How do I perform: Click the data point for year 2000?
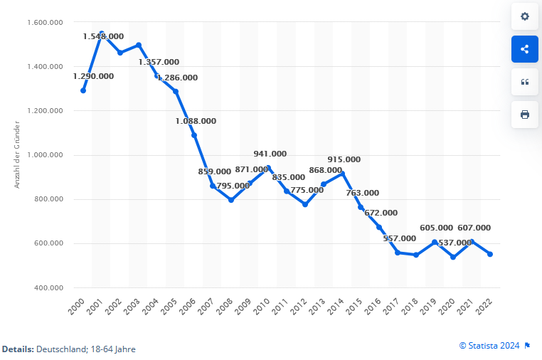click(83, 90)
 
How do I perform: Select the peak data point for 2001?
click(102, 33)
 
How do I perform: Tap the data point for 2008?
click(231, 200)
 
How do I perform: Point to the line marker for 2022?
click(490, 254)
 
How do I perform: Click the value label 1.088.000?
click(196, 121)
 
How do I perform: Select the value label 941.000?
click(270, 154)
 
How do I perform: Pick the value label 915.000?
click(344, 159)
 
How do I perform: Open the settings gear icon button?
click(524, 16)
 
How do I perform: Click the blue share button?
click(524, 49)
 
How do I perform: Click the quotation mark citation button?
click(524, 82)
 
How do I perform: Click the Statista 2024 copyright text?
click(491, 345)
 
